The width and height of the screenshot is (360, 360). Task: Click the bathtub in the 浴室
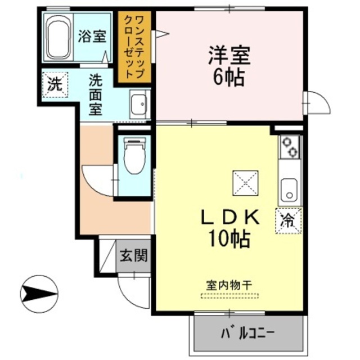(x=58, y=38)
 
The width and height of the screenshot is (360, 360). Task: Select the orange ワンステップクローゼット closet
(x=135, y=48)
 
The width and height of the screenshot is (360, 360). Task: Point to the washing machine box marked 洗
(x=55, y=84)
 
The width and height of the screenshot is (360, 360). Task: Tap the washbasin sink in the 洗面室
(x=138, y=104)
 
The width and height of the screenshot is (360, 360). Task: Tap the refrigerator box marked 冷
(x=289, y=219)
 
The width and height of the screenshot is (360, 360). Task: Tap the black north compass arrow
(x=39, y=292)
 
